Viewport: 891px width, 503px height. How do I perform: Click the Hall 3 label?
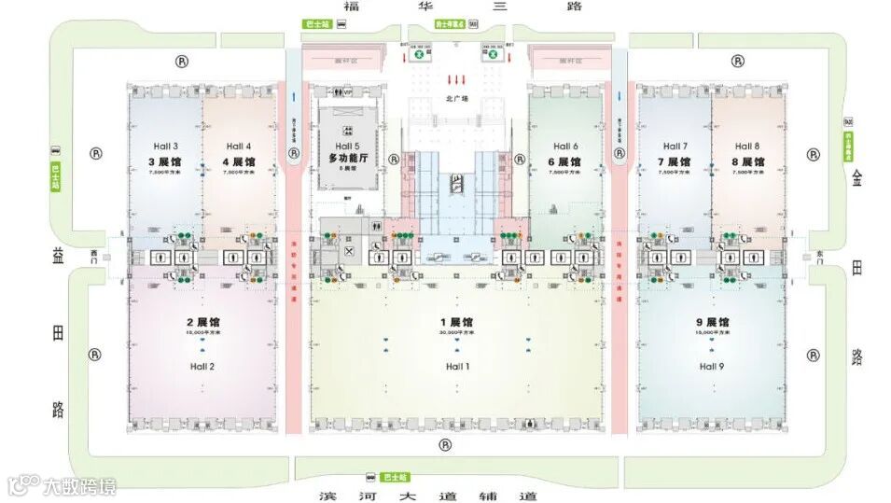pyautogui.click(x=164, y=147)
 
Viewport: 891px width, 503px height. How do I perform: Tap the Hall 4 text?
pyautogui.click(x=239, y=147)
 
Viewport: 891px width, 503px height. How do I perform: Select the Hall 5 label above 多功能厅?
pyautogui.click(x=347, y=147)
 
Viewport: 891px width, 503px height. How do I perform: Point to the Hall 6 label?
pyautogui.click(x=565, y=147)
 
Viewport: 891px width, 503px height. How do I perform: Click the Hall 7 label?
pyautogui.click(x=674, y=147)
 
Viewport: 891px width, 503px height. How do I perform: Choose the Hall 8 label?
pyautogui.click(x=746, y=147)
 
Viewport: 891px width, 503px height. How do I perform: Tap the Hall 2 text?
pyautogui.click(x=202, y=367)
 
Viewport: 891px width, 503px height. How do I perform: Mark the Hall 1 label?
pyautogui.click(x=457, y=367)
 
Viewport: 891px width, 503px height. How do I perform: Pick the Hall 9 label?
pyautogui.click(x=712, y=367)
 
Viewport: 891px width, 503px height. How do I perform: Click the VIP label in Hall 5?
pyautogui.click(x=348, y=91)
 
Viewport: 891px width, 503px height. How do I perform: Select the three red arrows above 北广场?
pyautogui.click(x=457, y=77)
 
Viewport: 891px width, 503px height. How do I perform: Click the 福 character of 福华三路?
pyautogui.click(x=351, y=7)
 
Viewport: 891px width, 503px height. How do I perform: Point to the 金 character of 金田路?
pyautogui.click(x=856, y=181)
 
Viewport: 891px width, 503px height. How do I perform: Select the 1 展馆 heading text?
pyautogui.click(x=457, y=322)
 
